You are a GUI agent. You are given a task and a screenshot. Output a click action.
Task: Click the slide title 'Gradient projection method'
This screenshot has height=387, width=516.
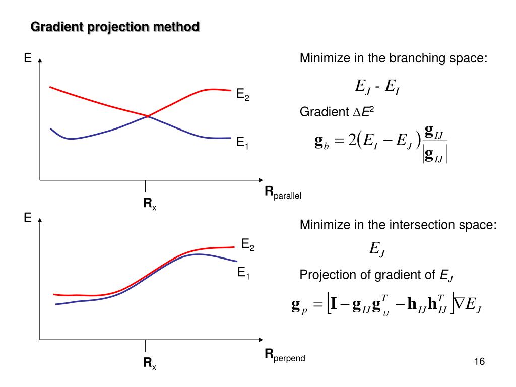[115, 27]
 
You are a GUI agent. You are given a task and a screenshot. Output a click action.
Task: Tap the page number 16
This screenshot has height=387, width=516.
[479, 362]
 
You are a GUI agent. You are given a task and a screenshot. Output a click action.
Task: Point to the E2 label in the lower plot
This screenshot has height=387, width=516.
[247, 245]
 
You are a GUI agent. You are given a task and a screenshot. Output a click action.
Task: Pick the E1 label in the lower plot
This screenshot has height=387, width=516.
[243, 274]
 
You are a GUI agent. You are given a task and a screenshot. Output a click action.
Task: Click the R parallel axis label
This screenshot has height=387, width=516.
[283, 192]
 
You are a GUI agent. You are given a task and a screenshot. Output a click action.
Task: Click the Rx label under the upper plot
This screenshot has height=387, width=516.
[150, 204]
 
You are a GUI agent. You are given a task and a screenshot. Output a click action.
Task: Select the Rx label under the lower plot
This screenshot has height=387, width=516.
[150, 363]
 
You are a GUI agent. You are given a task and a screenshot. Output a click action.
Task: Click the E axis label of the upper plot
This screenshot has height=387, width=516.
[28, 59]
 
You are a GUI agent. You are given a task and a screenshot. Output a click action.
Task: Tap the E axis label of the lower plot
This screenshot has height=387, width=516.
[28, 218]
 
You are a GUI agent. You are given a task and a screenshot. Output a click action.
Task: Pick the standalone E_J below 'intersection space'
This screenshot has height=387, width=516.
[377, 248]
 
